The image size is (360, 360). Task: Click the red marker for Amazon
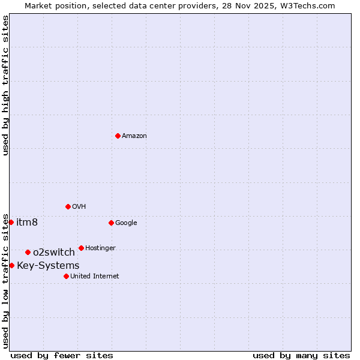click(x=118, y=136)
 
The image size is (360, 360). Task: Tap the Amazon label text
click(x=134, y=136)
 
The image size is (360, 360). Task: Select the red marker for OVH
click(x=68, y=206)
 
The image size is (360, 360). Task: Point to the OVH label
click(x=79, y=207)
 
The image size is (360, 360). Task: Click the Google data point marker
click(x=111, y=223)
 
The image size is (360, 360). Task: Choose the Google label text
click(x=126, y=223)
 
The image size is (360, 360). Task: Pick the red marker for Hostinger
click(x=81, y=248)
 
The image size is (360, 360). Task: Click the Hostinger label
click(x=100, y=248)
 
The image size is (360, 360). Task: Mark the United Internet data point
click(x=66, y=276)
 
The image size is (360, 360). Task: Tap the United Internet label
click(x=95, y=277)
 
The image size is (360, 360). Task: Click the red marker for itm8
click(x=11, y=222)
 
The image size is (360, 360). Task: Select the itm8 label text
click(x=27, y=223)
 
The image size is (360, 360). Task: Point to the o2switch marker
click(x=28, y=252)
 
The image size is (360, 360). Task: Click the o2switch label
click(x=54, y=253)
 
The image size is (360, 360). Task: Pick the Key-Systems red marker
click(x=11, y=265)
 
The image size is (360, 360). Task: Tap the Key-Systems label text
click(x=48, y=266)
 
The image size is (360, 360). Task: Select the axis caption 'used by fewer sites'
click(x=62, y=356)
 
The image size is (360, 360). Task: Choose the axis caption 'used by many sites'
click(x=301, y=356)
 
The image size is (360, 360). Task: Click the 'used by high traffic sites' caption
click(x=5, y=85)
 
